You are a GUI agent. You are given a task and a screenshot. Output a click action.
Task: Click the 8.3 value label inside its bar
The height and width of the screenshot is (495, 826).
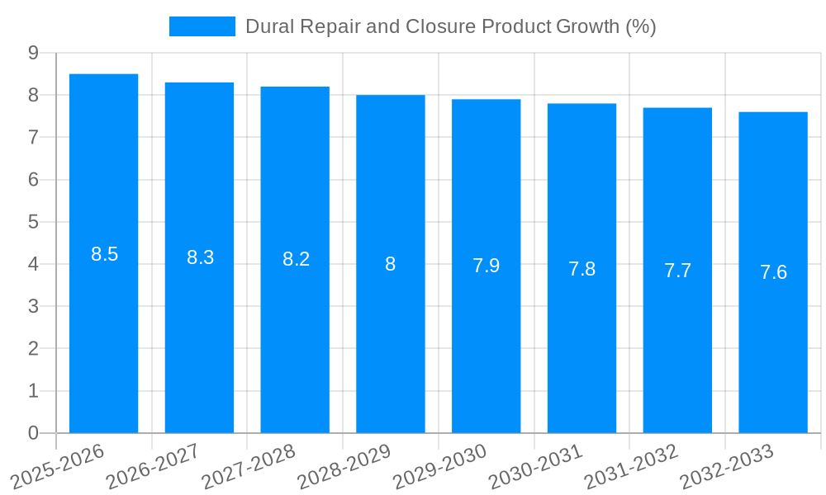pyautogui.click(x=200, y=257)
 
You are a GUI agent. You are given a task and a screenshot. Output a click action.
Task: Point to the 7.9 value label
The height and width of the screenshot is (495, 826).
pyautogui.click(x=486, y=266)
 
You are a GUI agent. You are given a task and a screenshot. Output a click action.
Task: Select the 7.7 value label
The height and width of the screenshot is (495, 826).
pyautogui.click(x=677, y=271)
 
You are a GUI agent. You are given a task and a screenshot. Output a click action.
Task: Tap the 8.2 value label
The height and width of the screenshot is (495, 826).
pyautogui.click(x=296, y=259)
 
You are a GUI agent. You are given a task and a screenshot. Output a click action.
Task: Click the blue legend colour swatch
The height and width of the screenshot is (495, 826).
pyautogui.click(x=202, y=26)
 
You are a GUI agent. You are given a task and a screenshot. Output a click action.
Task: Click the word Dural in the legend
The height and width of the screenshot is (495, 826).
pyautogui.click(x=269, y=26)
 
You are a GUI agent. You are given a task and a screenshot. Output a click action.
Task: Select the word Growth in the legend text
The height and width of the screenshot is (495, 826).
pyautogui.click(x=587, y=26)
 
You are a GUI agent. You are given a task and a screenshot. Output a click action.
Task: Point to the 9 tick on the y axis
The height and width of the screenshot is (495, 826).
pyautogui.click(x=34, y=53)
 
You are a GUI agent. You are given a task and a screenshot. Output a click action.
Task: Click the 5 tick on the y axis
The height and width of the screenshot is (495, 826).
pyautogui.click(x=34, y=222)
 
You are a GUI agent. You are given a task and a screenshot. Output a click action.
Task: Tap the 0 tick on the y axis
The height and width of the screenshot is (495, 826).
pyautogui.click(x=34, y=433)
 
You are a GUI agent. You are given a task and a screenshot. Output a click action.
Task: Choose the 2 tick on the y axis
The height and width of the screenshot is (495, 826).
pyautogui.click(x=34, y=349)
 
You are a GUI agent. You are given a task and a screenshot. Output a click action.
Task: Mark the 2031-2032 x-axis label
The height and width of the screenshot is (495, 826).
pyautogui.click(x=631, y=466)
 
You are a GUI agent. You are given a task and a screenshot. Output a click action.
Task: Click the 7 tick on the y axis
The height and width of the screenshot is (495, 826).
pyautogui.click(x=34, y=137)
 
